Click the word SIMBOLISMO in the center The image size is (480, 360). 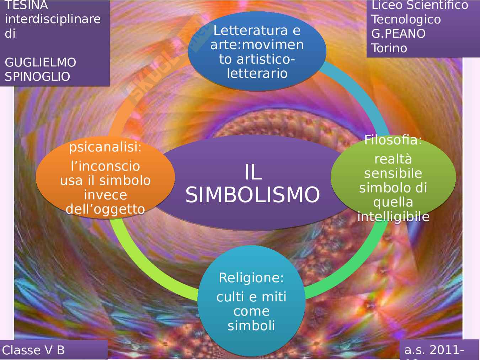click(x=252, y=195)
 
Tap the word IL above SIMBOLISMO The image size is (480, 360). click(x=253, y=172)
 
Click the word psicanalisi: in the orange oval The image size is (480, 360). click(x=105, y=147)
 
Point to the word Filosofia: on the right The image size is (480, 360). click(x=393, y=140)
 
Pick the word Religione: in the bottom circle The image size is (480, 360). click(x=251, y=278)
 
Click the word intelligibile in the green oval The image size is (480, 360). click(x=393, y=216)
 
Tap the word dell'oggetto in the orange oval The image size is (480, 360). click(x=105, y=209)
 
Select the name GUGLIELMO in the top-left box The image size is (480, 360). click(x=41, y=63)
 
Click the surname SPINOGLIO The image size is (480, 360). click(x=37, y=77)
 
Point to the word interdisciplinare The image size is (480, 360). click(x=53, y=19)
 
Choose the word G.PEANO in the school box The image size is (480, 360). click(x=398, y=34)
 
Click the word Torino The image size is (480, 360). click(x=389, y=48)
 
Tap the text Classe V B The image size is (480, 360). click(x=33, y=350)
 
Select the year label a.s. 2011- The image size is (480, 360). click(x=434, y=350)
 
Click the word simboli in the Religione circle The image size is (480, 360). click(x=251, y=326)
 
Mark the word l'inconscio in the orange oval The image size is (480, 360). click(x=105, y=166)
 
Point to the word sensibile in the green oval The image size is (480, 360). click(x=393, y=173)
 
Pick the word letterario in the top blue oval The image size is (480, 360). click(x=257, y=73)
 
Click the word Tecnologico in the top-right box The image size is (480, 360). click(x=406, y=20)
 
